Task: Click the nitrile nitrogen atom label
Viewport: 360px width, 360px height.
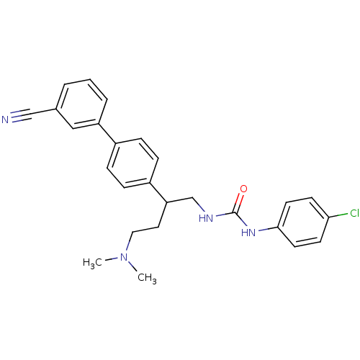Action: pyautogui.click(x=5, y=120)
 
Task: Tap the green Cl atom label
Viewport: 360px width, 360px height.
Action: pyautogui.click(x=354, y=213)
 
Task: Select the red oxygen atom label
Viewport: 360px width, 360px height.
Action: pyautogui.click(x=243, y=189)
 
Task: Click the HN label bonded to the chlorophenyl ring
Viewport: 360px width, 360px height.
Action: pyautogui.click(x=248, y=233)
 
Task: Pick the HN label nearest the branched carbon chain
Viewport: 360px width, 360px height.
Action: pyautogui.click(x=206, y=218)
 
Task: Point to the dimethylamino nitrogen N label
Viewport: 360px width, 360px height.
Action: pyautogui.click(x=124, y=257)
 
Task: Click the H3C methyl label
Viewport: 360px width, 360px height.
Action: pyautogui.click(x=92, y=263)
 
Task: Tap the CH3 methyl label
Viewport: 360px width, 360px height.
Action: pyautogui.click(x=147, y=278)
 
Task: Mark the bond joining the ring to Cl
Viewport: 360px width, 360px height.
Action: pyautogui.click(x=338, y=215)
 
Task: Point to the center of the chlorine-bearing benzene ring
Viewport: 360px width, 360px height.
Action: pyautogui.click(x=303, y=222)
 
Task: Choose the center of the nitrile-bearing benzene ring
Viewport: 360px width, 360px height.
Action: pyautogui.click(x=81, y=104)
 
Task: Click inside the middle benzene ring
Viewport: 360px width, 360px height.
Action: pyautogui.click(x=132, y=163)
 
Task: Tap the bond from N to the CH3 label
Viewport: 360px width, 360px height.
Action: pyautogui.click(x=132, y=266)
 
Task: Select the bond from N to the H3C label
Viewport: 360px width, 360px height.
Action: pyautogui.click(x=111, y=260)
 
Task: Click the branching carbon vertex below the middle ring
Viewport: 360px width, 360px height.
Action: pyautogui.click(x=167, y=202)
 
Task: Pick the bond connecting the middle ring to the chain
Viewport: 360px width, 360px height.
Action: pyautogui.click(x=158, y=192)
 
